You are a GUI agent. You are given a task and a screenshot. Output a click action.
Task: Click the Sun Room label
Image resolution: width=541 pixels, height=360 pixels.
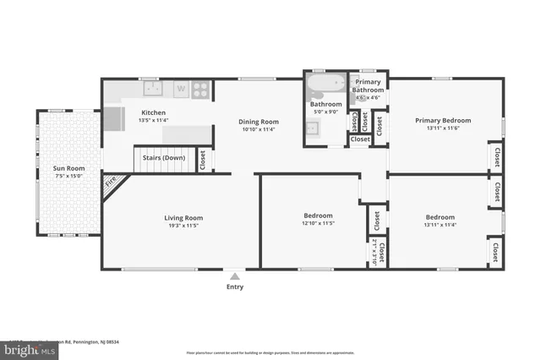[68, 169]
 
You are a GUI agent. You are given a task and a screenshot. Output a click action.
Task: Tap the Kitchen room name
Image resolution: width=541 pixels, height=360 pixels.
[153, 112]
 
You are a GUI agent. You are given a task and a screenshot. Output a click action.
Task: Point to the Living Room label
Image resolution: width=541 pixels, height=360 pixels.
[183, 218]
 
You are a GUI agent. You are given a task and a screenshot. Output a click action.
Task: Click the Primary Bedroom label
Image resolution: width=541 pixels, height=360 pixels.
[443, 120]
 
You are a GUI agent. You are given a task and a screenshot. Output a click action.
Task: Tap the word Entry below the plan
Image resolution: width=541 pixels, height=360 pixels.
[235, 286]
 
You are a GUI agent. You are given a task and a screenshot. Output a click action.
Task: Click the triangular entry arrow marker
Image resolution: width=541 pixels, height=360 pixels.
[235, 275]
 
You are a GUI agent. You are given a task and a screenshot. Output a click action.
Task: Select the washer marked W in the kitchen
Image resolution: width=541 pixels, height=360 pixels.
[181, 87]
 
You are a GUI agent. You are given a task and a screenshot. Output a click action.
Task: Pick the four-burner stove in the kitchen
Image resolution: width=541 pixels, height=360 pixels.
[201, 87]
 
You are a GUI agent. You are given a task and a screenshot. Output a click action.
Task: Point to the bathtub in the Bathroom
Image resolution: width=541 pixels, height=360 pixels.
[325, 85]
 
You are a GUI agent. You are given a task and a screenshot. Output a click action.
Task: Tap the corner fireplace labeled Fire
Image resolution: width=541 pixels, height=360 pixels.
[110, 181]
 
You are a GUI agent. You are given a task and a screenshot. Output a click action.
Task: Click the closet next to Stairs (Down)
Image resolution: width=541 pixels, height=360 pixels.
[203, 160]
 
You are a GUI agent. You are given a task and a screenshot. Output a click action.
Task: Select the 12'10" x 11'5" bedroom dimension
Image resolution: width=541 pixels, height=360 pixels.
[319, 224]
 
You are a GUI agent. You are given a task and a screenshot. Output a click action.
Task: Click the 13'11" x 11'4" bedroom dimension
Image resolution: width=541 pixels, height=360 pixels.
[440, 225]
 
